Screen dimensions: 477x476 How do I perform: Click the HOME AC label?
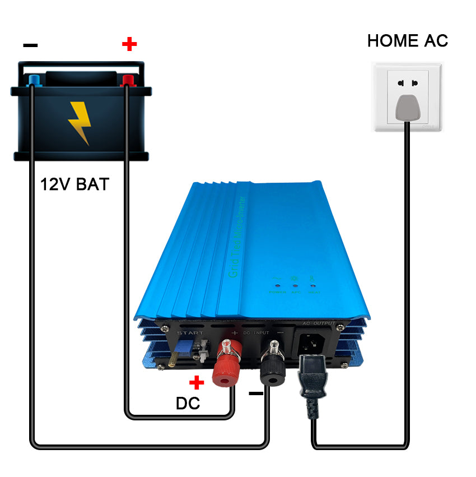[x=407, y=40]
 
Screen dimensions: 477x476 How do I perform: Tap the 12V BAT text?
[x=74, y=184]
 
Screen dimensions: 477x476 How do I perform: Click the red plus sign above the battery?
[x=129, y=43]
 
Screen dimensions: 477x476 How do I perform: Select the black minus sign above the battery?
[x=31, y=45]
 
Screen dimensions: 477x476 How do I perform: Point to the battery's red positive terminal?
[x=128, y=81]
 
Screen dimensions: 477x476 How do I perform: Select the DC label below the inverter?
[x=188, y=403]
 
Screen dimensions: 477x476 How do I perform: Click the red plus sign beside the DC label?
[x=196, y=383]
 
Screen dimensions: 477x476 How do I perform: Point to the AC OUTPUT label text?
[x=319, y=323]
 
